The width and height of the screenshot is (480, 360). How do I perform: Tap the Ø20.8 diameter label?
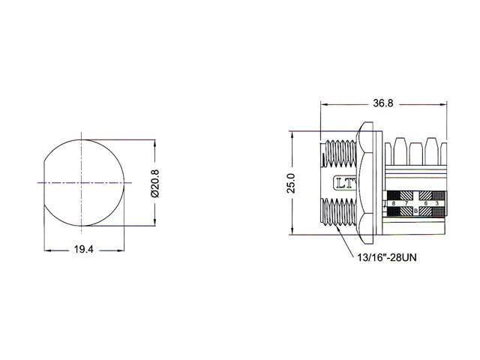pos(155,182)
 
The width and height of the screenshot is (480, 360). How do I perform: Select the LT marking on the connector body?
pos(345,183)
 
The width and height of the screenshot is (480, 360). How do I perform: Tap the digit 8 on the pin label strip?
pos(394,203)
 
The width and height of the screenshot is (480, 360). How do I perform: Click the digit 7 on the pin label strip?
pos(406,203)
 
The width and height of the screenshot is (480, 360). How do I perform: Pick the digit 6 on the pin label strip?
pos(426,203)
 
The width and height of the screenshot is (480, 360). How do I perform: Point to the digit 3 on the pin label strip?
pos(436,203)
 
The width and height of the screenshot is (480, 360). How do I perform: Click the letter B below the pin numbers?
pos(415,212)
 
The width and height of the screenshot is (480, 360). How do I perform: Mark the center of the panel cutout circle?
pos(80,182)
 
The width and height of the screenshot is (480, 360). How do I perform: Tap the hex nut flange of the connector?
pos(368,183)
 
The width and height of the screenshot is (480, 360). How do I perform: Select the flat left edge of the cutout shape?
pos(44,182)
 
